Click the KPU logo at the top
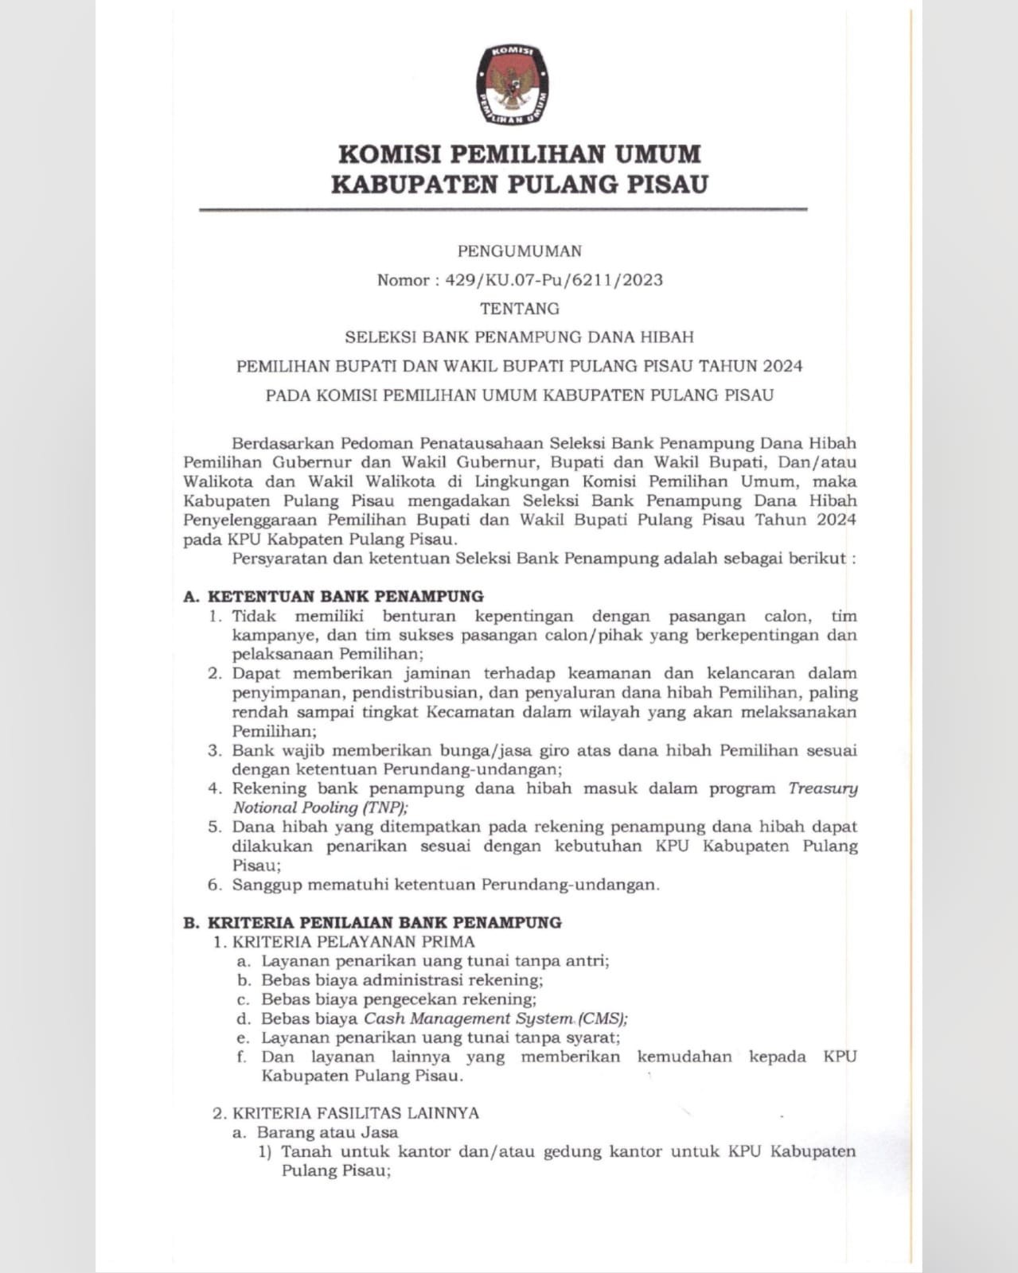pos(513,84)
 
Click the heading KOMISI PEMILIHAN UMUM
pos(519,153)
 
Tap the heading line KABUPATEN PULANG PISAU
pos(519,185)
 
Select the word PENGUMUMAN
pos(519,251)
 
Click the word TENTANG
pos(519,309)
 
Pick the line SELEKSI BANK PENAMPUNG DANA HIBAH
pos(519,337)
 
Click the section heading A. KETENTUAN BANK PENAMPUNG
pos(333,596)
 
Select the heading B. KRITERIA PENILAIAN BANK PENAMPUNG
pos(372,923)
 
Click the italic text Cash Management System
pos(468,1018)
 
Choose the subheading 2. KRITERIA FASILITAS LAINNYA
pos(345,1113)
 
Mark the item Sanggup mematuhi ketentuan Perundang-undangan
pos(446,885)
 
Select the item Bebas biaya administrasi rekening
pos(402,980)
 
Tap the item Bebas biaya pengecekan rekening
pos(399,999)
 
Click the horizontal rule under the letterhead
pos(503,209)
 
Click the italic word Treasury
pos(822,788)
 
